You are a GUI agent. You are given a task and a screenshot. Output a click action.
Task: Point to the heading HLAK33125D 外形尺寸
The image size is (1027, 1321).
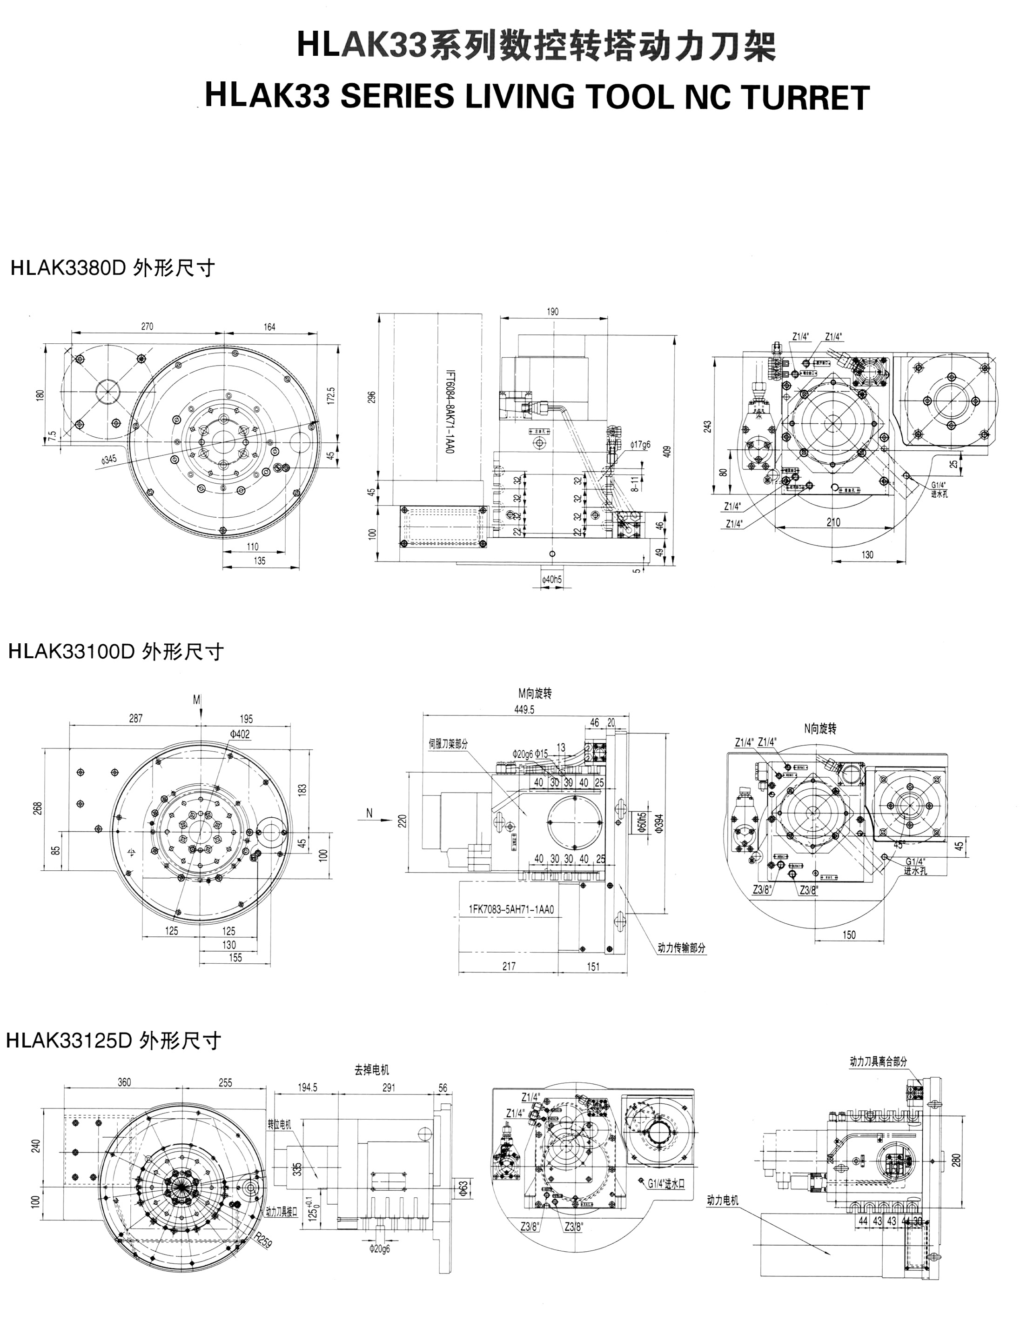click(113, 1041)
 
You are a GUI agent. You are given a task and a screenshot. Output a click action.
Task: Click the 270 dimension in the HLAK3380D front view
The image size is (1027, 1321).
click(147, 327)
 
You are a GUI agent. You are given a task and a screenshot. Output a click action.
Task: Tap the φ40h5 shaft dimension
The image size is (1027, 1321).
click(551, 580)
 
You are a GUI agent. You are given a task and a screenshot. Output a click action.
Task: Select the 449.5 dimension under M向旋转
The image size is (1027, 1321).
click(524, 710)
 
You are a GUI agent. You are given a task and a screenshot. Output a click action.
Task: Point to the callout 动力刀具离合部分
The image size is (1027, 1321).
click(878, 1061)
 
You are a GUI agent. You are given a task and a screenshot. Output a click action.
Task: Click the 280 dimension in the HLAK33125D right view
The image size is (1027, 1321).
click(957, 1160)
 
